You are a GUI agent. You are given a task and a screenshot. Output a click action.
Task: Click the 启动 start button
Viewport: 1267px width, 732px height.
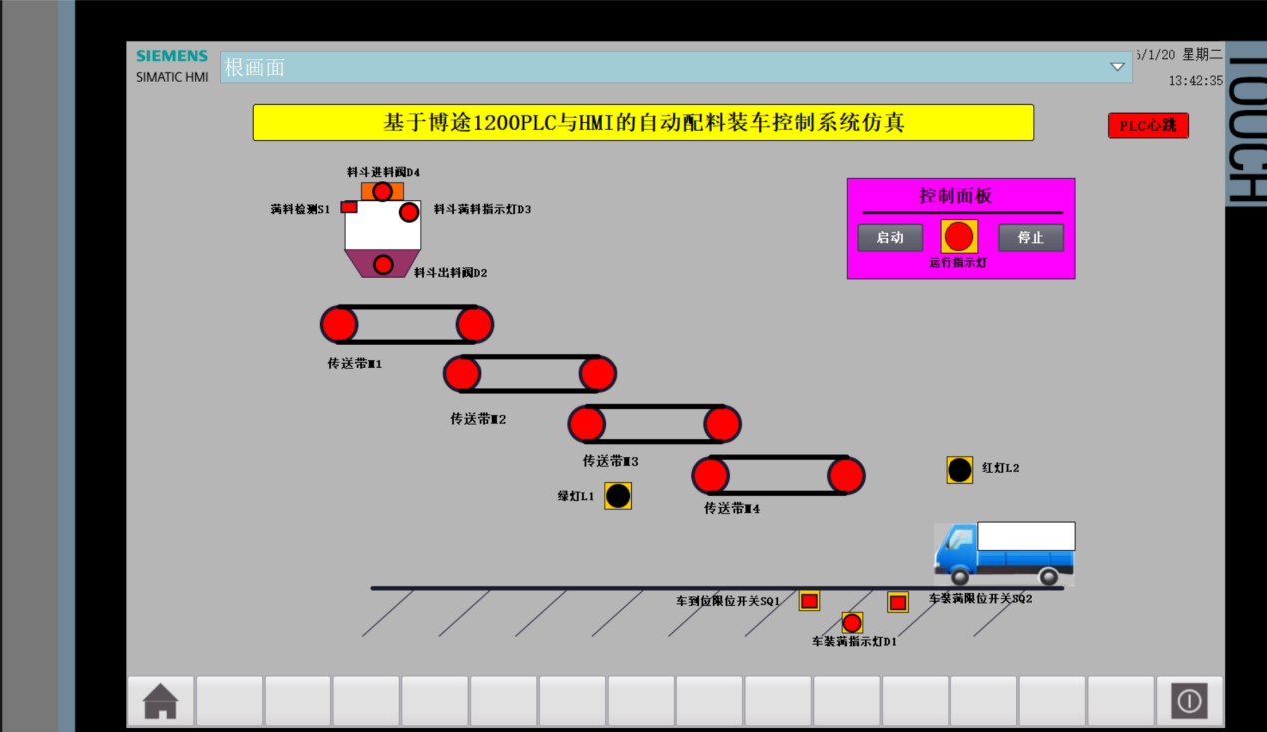pyautogui.click(x=890, y=238)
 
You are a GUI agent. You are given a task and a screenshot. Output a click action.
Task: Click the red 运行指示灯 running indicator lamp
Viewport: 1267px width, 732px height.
pyautogui.click(x=958, y=236)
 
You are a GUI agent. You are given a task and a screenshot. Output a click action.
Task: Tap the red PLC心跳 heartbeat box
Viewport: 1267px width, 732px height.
pyautogui.click(x=1148, y=126)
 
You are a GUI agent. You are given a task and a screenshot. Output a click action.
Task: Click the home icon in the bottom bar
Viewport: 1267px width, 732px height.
pyautogui.click(x=161, y=701)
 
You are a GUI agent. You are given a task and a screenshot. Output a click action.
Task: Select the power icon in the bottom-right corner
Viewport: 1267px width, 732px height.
pyautogui.click(x=1189, y=701)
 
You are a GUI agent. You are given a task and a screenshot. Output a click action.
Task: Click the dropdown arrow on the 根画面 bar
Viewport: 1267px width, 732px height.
pyautogui.click(x=1117, y=67)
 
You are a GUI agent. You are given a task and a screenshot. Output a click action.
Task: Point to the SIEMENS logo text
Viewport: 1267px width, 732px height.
pyautogui.click(x=172, y=56)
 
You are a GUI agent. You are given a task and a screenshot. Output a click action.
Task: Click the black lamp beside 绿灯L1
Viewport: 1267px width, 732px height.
pyautogui.click(x=618, y=496)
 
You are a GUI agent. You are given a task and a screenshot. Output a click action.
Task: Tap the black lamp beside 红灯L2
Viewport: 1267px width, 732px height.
pyautogui.click(x=959, y=470)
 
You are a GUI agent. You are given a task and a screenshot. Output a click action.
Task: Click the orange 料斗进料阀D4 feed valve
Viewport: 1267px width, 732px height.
pyautogui.click(x=382, y=191)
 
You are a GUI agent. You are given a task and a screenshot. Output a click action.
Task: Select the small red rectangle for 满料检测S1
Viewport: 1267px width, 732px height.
pyautogui.click(x=349, y=207)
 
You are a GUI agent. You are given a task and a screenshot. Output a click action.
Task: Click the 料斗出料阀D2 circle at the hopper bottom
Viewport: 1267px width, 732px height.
pyautogui.click(x=383, y=264)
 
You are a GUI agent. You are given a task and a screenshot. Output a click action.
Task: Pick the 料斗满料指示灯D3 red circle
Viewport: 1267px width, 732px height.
pyautogui.click(x=409, y=212)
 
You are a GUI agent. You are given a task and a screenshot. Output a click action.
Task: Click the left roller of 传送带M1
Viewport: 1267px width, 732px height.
pyautogui.click(x=339, y=325)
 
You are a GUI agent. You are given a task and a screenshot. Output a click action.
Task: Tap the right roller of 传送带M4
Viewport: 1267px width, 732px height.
pyautogui.click(x=846, y=476)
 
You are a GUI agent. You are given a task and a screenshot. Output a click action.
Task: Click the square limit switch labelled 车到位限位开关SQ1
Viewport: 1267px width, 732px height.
pyautogui.click(x=809, y=601)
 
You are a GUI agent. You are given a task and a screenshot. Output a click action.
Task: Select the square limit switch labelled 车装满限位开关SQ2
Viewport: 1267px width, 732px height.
pyautogui.click(x=898, y=602)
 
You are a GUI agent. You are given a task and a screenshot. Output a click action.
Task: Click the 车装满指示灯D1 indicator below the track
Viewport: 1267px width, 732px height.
pyautogui.click(x=852, y=623)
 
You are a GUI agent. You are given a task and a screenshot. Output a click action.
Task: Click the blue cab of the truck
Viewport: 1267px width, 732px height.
pyautogui.click(x=955, y=550)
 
